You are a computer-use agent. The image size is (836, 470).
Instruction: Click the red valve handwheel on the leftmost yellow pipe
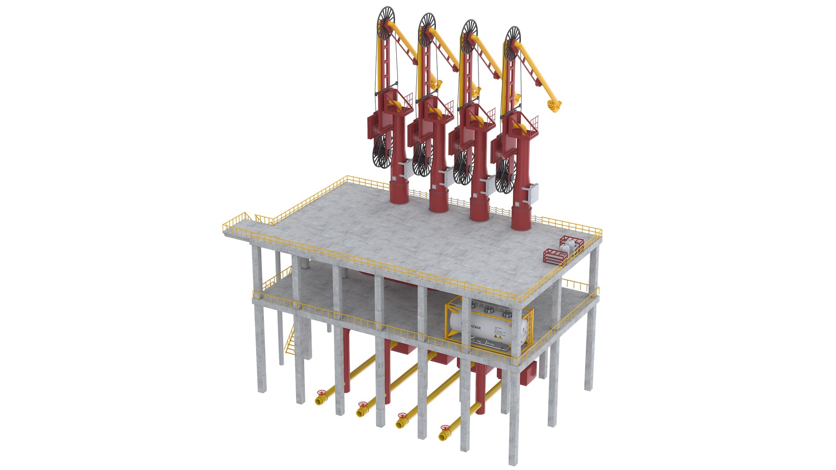pos(322,393)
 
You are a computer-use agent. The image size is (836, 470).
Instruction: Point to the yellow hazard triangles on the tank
pos(499,337)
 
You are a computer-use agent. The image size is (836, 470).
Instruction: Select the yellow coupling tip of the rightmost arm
pos(555,106)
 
